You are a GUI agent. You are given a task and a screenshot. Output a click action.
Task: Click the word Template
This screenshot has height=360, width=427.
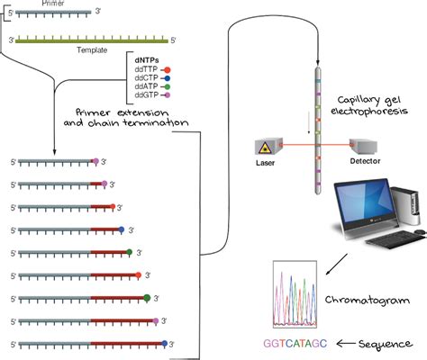click(x=91, y=52)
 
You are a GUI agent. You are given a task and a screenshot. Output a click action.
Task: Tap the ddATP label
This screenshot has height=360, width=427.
click(x=145, y=86)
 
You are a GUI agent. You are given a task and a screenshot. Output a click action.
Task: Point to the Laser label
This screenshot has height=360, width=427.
click(x=266, y=163)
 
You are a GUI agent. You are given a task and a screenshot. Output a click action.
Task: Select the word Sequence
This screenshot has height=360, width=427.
click(x=388, y=344)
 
